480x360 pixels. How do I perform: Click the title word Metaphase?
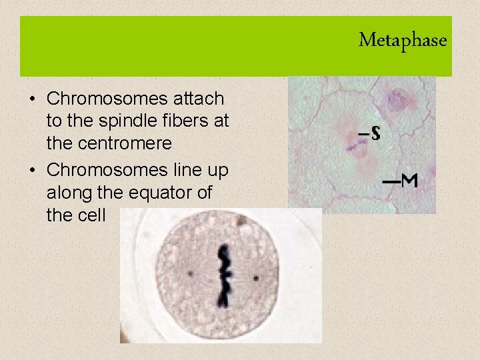point(402,41)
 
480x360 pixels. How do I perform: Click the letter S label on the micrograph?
point(375,134)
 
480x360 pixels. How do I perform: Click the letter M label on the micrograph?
point(409,180)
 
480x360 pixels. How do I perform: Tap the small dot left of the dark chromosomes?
point(190,273)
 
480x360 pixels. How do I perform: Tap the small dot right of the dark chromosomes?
point(255,276)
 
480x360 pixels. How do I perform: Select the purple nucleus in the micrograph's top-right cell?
point(399,100)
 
